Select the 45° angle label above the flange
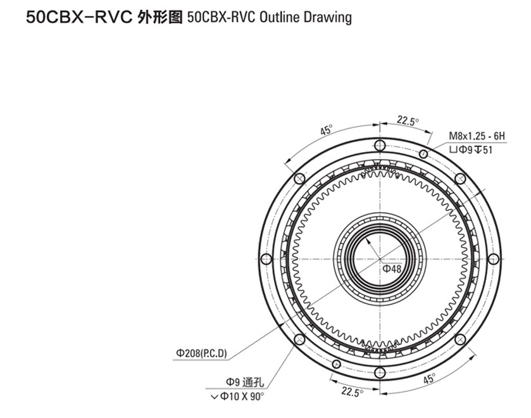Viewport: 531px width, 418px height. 327,130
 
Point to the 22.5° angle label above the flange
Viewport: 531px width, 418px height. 408,120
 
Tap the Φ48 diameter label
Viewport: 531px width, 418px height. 392,269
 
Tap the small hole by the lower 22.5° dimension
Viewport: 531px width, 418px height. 336,364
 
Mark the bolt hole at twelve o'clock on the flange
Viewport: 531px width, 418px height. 380,146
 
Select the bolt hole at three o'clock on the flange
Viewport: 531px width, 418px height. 494,258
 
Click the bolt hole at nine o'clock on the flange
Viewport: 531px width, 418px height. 266,258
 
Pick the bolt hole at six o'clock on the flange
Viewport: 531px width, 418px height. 380,372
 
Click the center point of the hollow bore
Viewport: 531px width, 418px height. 380,258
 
